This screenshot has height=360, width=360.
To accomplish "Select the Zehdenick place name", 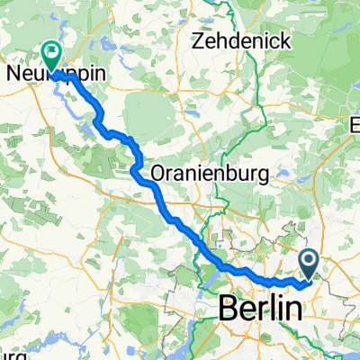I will (238, 41).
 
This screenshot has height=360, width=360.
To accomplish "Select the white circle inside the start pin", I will (309, 262).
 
